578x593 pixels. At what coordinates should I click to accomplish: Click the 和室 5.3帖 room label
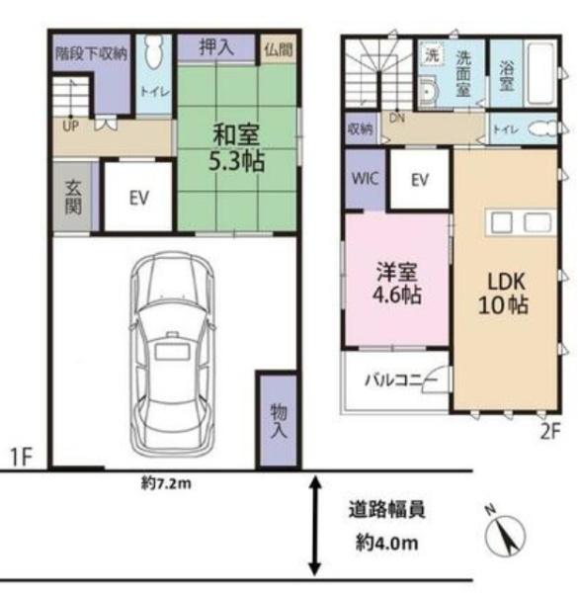(x=237, y=148)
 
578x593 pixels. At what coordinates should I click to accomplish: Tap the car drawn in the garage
(x=170, y=355)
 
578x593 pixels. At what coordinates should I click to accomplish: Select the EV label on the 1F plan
(x=138, y=198)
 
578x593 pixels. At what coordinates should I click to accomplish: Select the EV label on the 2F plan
(x=420, y=180)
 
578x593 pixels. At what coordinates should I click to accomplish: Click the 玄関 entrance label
(x=73, y=197)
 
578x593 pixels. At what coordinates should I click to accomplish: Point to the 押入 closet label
(x=216, y=47)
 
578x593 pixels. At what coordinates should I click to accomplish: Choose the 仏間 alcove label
(x=279, y=49)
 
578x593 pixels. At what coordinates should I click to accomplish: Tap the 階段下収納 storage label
(x=91, y=53)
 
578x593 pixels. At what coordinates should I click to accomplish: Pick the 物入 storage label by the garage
(x=279, y=421)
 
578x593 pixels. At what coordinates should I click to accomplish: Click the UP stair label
(x=71, y=126)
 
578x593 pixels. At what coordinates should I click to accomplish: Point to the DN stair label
(x=397, y=119)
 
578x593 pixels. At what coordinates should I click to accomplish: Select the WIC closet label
(x=365, y=178)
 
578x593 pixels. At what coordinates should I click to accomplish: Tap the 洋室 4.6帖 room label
(x=397, y=283)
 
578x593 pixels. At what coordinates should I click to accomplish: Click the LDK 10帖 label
(x=503, y=294)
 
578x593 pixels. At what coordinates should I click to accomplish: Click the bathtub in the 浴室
(x=541, y=74)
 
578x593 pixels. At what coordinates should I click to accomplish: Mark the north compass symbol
(x=505, y=535)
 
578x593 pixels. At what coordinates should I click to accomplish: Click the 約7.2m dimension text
(x=166, y=483)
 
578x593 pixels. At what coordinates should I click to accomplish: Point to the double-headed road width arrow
(x=315, y=526)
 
